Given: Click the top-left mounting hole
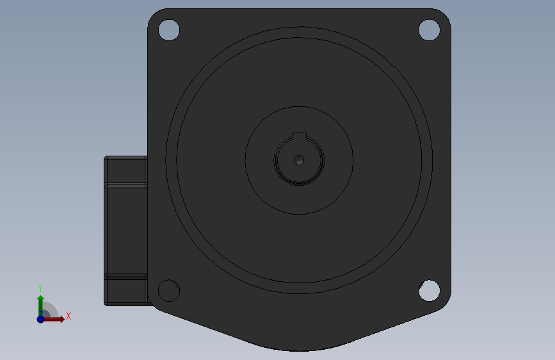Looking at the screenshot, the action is click(169, 30).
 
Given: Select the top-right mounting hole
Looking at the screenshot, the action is click(430, 30).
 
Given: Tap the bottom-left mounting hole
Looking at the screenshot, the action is click(169, 291).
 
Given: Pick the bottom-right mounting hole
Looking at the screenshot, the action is click(430, 291).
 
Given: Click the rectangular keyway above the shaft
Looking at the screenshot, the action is click(299, 137).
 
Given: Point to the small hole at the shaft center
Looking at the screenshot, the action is click(299, 161).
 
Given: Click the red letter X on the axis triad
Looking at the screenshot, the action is click(68, 316).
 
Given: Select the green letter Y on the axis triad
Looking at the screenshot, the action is click(40, 288).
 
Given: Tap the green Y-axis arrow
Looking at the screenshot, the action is click(41, 306).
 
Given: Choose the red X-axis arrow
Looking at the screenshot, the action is click(54, 319).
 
